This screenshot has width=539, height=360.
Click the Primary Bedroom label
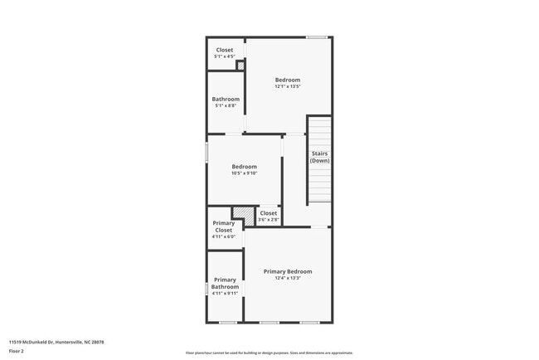pos(288,271)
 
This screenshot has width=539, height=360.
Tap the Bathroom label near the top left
pos(226,99)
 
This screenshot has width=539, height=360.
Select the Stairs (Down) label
pos(320,157)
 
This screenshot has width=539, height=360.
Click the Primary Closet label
pos(224,226)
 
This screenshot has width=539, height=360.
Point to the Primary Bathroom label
pos(225,283)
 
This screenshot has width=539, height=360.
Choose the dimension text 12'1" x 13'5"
pos(288,86)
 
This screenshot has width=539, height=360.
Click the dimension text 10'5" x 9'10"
pos(245,173)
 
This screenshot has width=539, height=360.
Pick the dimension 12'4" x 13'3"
pos(288,278)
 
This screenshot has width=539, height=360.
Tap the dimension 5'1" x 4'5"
pos(225,56)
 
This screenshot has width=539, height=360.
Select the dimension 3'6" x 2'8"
pos(269,220)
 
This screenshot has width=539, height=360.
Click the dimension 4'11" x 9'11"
pos(225,294)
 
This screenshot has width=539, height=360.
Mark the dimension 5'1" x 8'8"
pos(226,105)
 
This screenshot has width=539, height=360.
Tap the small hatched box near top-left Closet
pos(240,65)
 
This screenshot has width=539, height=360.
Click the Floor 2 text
pos(17,351)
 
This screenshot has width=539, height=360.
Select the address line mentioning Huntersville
pos(56,341)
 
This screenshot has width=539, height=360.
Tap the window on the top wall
pos(316,36)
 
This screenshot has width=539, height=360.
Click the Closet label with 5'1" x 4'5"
pos(225,50)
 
